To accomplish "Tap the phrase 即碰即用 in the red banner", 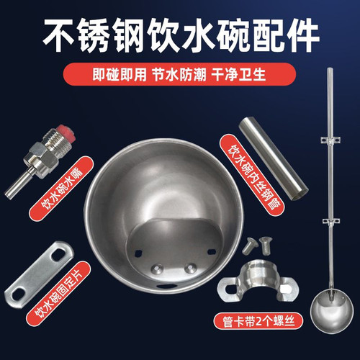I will click(x=94, y=74).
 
